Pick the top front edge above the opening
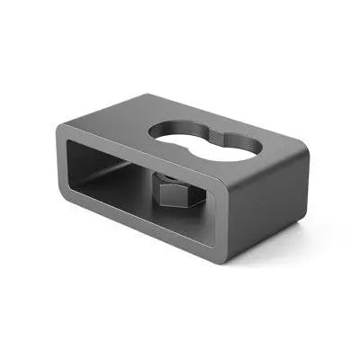pyautogui.click(x=135, y=155)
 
